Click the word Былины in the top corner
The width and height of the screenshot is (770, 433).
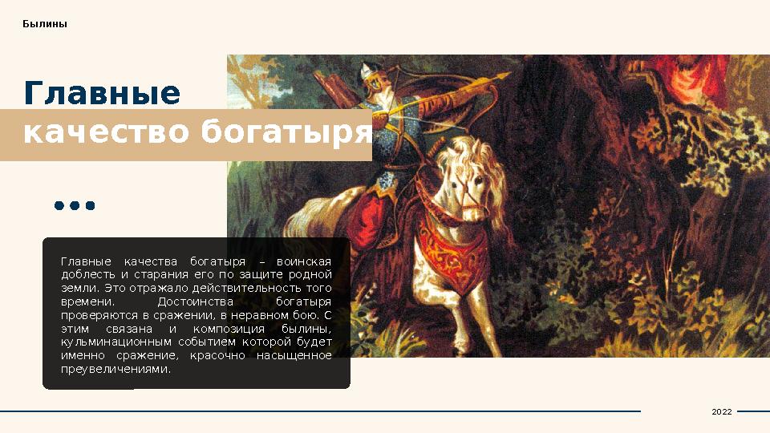[45, 24]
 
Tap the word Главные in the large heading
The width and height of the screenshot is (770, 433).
[102, 94]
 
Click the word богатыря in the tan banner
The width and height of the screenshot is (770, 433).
[286, 132]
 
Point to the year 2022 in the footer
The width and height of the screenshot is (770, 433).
[722, 411]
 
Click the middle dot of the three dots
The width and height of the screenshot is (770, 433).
[75, 206]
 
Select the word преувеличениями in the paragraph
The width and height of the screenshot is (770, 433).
[115, 370]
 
